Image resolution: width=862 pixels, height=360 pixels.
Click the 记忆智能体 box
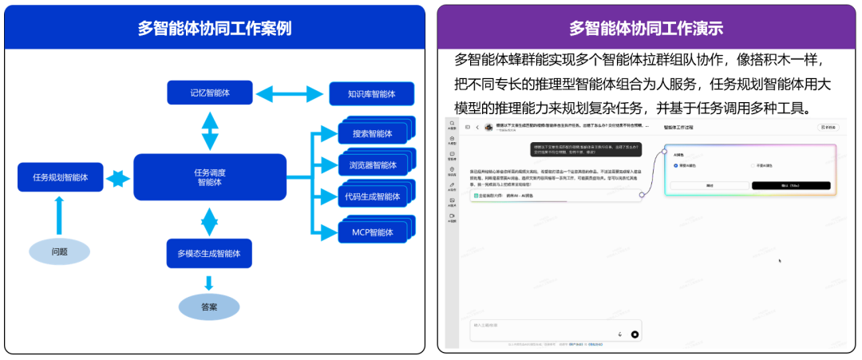point(209,93)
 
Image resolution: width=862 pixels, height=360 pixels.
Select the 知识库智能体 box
point(372,94)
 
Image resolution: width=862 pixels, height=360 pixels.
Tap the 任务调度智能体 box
point(209,176)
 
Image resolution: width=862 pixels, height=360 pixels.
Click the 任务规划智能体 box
point(61,176)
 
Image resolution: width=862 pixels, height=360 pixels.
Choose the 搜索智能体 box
point(372,133)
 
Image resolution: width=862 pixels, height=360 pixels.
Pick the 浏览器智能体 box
point(372,165)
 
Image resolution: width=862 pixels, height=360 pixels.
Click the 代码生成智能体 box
point(372,196)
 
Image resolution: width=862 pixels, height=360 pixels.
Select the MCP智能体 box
point(372,232)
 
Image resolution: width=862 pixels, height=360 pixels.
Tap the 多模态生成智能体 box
point(209,253)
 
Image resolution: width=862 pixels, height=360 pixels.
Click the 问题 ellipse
point(60,251)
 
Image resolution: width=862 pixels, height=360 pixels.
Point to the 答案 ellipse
point(209,307)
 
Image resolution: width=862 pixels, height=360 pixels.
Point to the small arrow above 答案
point(209,283)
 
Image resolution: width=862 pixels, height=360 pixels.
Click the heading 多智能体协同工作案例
point(214,28)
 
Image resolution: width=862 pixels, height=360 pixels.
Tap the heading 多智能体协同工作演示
point(646,28)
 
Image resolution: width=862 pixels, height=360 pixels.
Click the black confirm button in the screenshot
point(791,185)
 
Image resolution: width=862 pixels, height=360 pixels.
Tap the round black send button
point(635,334)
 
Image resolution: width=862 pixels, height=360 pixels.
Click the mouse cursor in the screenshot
point(780,260)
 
